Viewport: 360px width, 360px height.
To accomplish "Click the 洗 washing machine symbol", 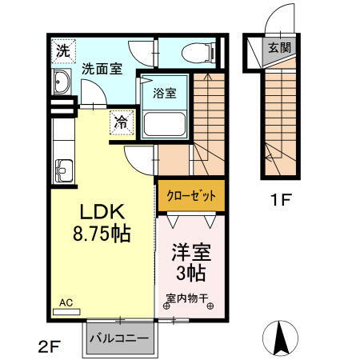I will pos(62,50).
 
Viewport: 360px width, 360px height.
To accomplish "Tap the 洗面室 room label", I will pos(102,69).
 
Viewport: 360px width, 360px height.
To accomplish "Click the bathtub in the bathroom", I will pos(165,123).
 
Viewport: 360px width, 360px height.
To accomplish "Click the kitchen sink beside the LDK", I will pos(62,171).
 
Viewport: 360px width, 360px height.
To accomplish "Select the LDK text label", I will pos(101,212).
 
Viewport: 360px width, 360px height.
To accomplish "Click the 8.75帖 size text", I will pos(102,235).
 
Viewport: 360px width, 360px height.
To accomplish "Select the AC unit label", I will pos(66,304).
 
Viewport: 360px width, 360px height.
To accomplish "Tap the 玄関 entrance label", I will pos(279,47).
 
